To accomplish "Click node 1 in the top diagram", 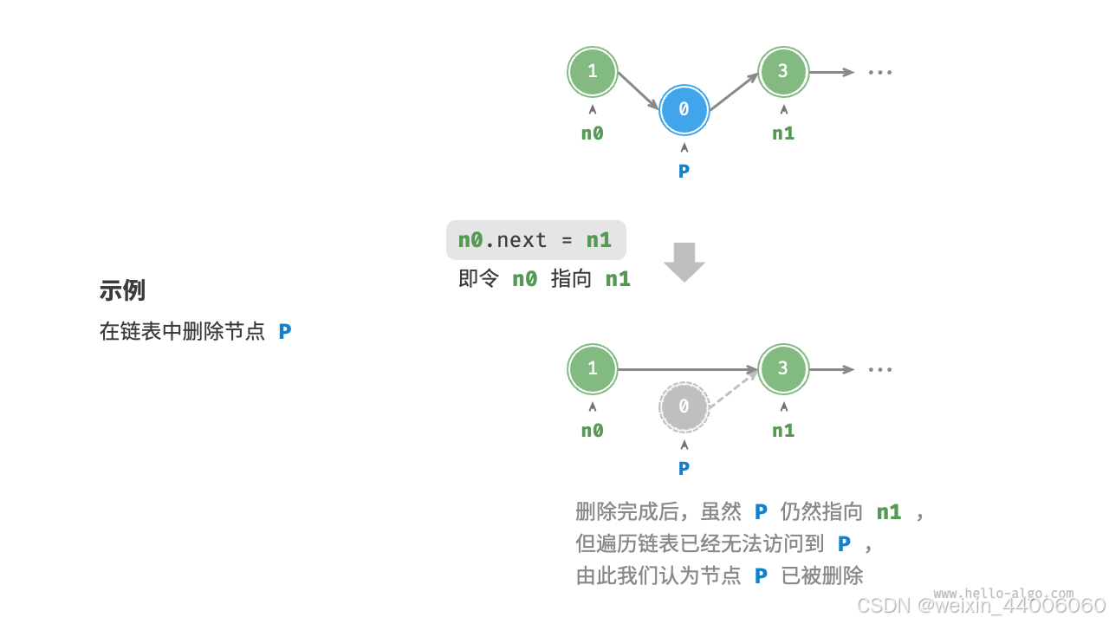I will pyautogui.click(x=593, y=71).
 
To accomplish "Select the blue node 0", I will pyautogui.click(x=684, y=109).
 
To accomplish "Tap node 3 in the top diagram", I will pyautogui.click(x=783, y=71).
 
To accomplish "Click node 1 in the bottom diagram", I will pyautogui.click(x=593, y=368).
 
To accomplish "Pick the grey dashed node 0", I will pyautogui.click(x=684, y=406).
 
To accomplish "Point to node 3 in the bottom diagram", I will pyautogui.click(x=783, y=368).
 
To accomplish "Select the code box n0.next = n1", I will pyautogui.click(x=535, y=240).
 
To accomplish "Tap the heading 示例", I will pyautogui.click(x=122, y=290).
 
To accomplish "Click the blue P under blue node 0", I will pyautogui.click(x=684, y=172).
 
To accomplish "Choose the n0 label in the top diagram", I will pyautogui.click(x=593, y=133).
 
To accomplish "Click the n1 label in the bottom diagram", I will pyautogui.click(x=783, y=431).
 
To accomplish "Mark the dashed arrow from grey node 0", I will pyautogui.click(x=735, y=387).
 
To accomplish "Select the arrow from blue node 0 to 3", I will pyautogui.click(x=735, y=89).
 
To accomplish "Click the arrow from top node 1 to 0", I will pyautogui.click(x=639, y=90).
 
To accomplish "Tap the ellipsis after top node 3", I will pyautogui.click(x=879, y=72).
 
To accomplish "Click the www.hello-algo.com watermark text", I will pyautogui.click(x=1003, y=594).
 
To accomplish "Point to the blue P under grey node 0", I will pyautogui.click(x=684, y=469).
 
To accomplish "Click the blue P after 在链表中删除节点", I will pyautogui.click(x=285, y=332).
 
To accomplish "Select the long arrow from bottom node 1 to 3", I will pyautogui.click(x=688, y=369).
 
